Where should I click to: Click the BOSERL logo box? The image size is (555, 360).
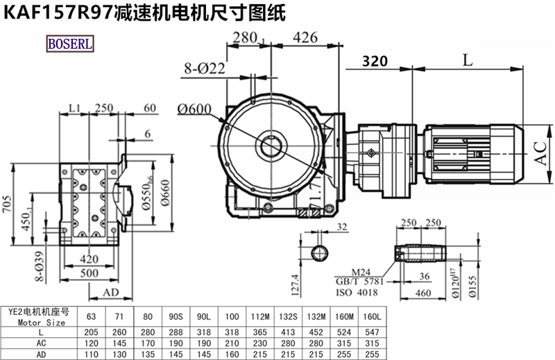[69, 44]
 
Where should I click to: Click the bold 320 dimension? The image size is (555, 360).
[375, 61]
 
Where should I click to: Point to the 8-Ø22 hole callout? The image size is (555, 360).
[205, 68]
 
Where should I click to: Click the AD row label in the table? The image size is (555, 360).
[42, 354]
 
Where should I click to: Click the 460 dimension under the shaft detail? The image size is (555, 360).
[422, 293]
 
